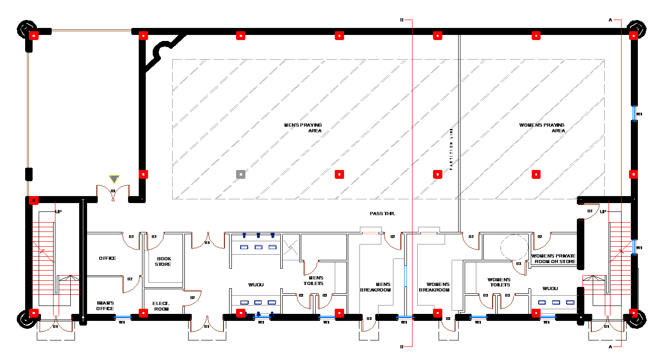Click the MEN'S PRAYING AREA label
click(x=303, y=128)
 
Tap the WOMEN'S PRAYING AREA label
click(x=542, y=128)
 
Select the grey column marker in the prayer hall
click(x=240, y=174)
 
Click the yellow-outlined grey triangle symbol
click(x=114, y=179)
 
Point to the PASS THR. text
click(x=382, y=213)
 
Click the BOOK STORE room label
click(x=163, y=261)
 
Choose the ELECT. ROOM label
click(x=161, y=306)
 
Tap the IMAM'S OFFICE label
click(x=105, y=306)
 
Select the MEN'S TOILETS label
click(x=313, y=280)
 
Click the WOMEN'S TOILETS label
click(x=499, y=282)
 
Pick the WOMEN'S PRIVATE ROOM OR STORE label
click(x=553, y=258)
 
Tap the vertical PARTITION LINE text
click(x=451, y=149)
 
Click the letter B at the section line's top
click(x=402, y=20)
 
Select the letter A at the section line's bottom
click(x=610, y=347)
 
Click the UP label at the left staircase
click(x=59, y=211)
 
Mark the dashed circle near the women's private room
click(x=513, y=247)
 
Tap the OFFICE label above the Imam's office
click(x=108, y=258)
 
